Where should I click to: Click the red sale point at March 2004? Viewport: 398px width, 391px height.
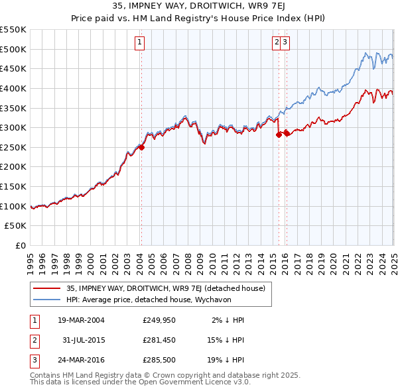click(141, 147)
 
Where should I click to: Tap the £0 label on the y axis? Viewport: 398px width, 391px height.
click(20, 246)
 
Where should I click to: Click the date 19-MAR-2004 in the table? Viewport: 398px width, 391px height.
click(80, 320)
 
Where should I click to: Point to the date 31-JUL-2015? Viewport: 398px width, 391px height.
click(80, 341)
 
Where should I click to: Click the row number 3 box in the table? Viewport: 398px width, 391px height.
click(33, 361)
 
